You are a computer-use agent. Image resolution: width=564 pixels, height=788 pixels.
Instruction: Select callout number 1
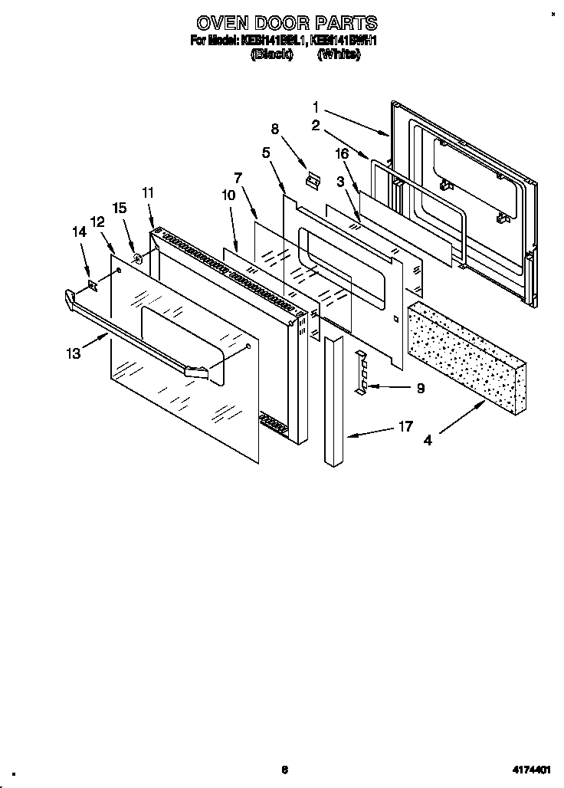point(316,107)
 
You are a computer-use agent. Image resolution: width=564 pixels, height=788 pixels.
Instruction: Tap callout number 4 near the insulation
point(428,440)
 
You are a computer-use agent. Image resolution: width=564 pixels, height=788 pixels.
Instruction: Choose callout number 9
point(419,389)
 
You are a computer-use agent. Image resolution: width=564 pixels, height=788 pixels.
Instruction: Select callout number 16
point(343,154)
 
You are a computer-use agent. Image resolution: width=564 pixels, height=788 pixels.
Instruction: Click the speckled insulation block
point(467,352)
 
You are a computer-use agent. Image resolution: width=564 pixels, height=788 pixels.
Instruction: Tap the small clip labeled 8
point(311,179)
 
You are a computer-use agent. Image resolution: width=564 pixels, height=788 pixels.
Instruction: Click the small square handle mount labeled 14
point(92,287)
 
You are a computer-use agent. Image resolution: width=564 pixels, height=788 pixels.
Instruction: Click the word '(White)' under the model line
point(338,54)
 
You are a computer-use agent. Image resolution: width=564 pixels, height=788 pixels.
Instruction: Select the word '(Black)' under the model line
point(272,54)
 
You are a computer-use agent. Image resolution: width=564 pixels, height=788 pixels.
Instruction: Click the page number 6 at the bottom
point(284,770)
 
